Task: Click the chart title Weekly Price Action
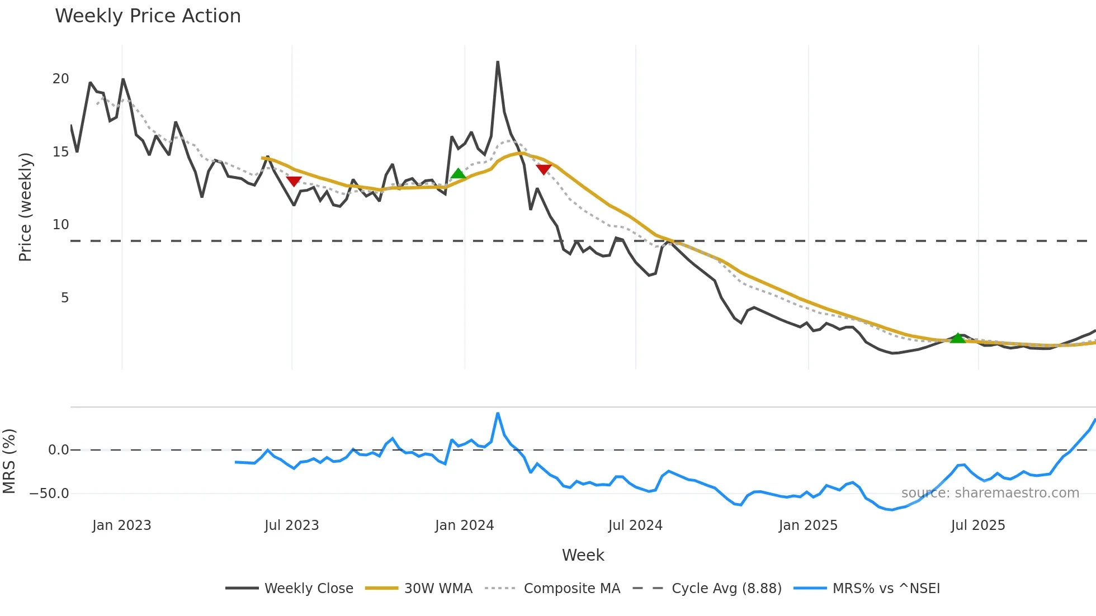pos(148,16)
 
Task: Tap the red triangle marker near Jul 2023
pos(294,181)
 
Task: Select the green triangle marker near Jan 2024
pos(459,173)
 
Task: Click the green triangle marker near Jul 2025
pos(958,338)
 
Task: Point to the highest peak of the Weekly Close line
pos(498,62)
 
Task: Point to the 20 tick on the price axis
pos(61,79)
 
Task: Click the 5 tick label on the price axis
pos(65,298)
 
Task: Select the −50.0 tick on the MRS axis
pos(49,494)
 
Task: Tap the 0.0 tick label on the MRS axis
pos(59,450)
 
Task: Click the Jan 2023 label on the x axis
pos(122,525)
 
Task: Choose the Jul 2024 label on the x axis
pos(635,525)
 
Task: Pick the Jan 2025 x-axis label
pos(808,525)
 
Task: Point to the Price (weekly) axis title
pos(26,207)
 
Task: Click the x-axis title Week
pos(583,555)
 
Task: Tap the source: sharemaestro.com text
pos(990,493)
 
